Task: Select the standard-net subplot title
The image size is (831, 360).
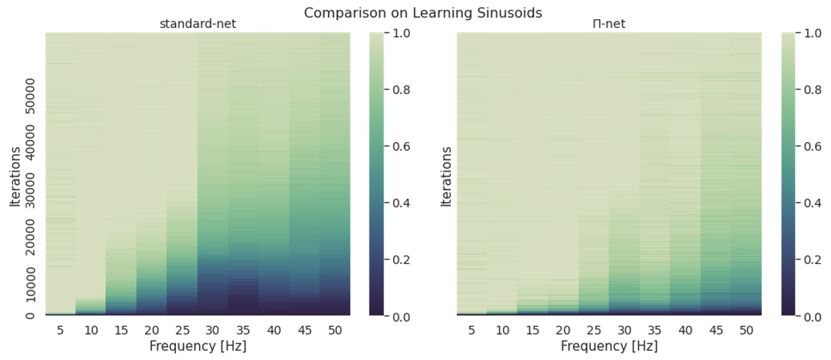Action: click(x=197, y=25)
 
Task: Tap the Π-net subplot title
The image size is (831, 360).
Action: click(x=609, y=25)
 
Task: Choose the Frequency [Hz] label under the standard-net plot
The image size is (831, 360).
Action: click(x=197, y=346)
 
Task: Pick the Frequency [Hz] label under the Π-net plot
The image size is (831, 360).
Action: click(x=609, y=346)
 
